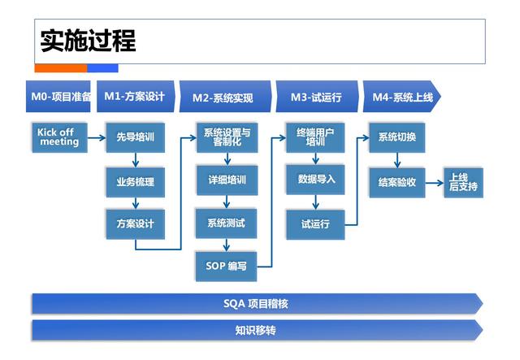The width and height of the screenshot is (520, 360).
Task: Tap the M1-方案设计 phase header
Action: tap(135, 97)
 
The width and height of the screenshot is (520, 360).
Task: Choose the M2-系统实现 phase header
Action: tap(223, 98)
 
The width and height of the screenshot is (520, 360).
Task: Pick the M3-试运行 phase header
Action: tap(316, 98)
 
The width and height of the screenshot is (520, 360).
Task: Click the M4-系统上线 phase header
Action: tap(402, 98)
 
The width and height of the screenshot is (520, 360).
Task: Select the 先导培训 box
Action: tap(135, 137)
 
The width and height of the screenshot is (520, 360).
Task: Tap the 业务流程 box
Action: tap(135, 181)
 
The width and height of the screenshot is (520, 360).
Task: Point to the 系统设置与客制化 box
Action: tap(227, 137)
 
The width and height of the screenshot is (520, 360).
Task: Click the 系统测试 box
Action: tap(227, 223)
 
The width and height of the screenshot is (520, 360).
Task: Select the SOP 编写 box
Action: tap(227, 266)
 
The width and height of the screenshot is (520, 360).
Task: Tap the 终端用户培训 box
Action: tap(315, 137)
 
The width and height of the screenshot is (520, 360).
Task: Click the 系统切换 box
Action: tap(396, 137)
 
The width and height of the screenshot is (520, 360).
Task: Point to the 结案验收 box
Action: tap(396, 181)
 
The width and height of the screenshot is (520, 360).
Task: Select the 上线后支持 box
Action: tap(463, 182)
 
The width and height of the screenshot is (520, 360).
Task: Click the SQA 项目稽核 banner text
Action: tap(256, 304)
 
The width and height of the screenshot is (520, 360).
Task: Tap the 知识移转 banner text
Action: tap(256, 331)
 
